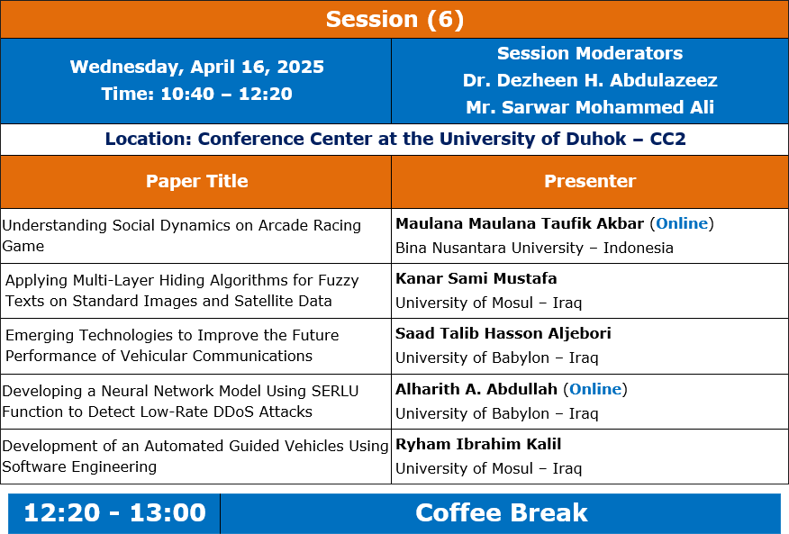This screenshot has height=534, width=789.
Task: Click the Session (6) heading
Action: point(394,20)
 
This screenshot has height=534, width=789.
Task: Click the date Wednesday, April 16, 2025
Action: point(196,67)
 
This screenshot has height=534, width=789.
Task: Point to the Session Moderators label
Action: point(590,53)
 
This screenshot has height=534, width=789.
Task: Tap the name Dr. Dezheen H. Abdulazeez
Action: point(590,80)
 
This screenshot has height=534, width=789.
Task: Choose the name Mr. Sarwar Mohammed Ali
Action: point(590,107)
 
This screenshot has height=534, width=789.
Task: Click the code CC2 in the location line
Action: point(667,139)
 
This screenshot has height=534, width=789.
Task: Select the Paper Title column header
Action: point(196,181)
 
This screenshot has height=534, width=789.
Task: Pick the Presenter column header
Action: point(590,181)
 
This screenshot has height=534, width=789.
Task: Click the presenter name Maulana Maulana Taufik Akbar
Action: point(520,223)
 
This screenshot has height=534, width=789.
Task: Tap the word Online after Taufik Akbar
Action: point(682,223)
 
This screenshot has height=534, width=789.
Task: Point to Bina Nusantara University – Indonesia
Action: point(534,248)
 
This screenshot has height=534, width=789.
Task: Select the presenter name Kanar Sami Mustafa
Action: point(476,278)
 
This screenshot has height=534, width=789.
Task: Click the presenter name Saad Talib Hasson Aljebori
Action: point(503,333)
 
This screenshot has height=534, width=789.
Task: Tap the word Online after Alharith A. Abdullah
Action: point(595,389)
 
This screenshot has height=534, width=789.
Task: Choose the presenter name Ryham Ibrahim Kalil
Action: point(478,444)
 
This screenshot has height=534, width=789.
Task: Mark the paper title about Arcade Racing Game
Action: point(182,236)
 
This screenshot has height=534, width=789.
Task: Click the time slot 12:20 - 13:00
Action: point(114,513)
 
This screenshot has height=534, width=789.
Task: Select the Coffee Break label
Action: point(501,513)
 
